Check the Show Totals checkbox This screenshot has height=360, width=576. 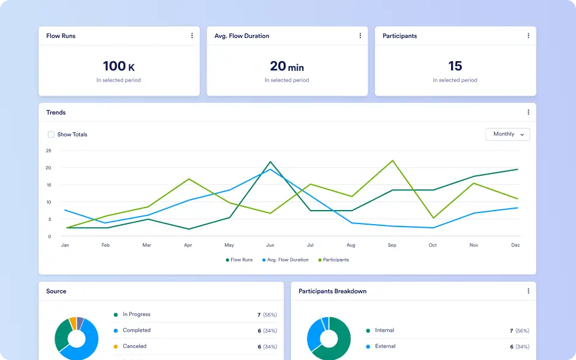pyautogui.click(x=51, y=134)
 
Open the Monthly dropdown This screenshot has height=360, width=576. pyautogui.click(x=507, y=134)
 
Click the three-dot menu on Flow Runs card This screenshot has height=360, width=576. pyautogui.click(x=192, y=36)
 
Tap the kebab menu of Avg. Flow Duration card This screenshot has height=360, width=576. pyautogui.click(x=360, y=36)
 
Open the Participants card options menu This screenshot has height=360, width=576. pyautogui.click(x=528, y=36)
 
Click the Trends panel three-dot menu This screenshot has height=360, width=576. pyautogui.click(x=528, y=112)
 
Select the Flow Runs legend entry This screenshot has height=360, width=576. pyautogui.click(x=239, y=260)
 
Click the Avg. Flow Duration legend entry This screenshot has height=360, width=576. pyautogui.click(x=286, y=260)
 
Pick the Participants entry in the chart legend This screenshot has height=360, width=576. pyautogui.click(x=333, y=260)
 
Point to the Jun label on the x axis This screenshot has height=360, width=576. pyautogui.click(x=270, y=245)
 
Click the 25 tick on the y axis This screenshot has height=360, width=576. pyautogui.click(x=48, y=151)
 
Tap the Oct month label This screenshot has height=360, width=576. pyautogui.click(x=433, y=245)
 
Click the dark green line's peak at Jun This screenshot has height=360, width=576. pyautogui.click(x=270, y=162)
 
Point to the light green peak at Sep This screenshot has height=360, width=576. pyautogui.click(x=393, y=160)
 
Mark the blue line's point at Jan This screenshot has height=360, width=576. pyautogui.click(x=65, y=210)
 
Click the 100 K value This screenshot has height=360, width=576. pyautogui.click(x=119, y=66)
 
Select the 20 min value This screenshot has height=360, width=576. pyautogui.click(x=287, y=66)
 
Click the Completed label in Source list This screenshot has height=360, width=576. pyautogui.click(x=137, y=330)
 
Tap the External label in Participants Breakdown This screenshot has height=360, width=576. pyautogui.click(x=385, y=346)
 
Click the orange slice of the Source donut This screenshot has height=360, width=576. pyautogui.click(x=73, y=323)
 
